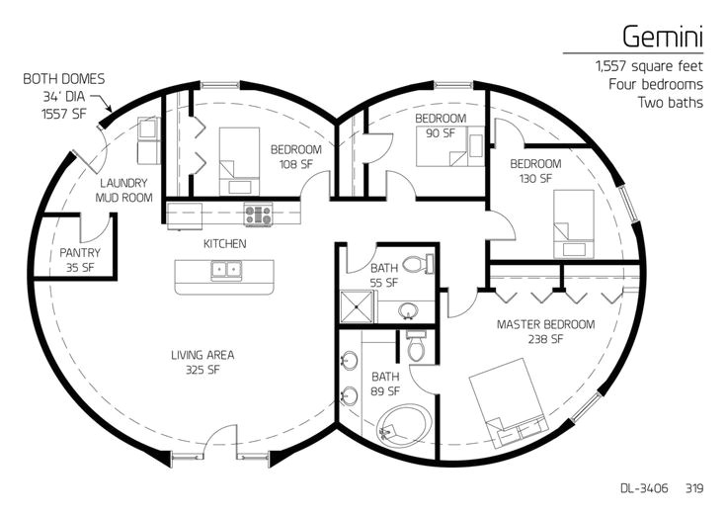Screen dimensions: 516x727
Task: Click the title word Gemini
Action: [x=663, y=36]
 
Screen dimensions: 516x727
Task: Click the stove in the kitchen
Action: [x=258, y=214]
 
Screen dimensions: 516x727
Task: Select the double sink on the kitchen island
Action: [x=224, y=270]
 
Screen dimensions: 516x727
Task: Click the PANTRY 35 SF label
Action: [x=80, y=259]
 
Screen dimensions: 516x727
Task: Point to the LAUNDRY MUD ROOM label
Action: [x=123, y=190]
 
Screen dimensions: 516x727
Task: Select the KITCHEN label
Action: [x=224, y=243]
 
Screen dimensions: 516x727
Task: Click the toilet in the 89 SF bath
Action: [x=416, y=348]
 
